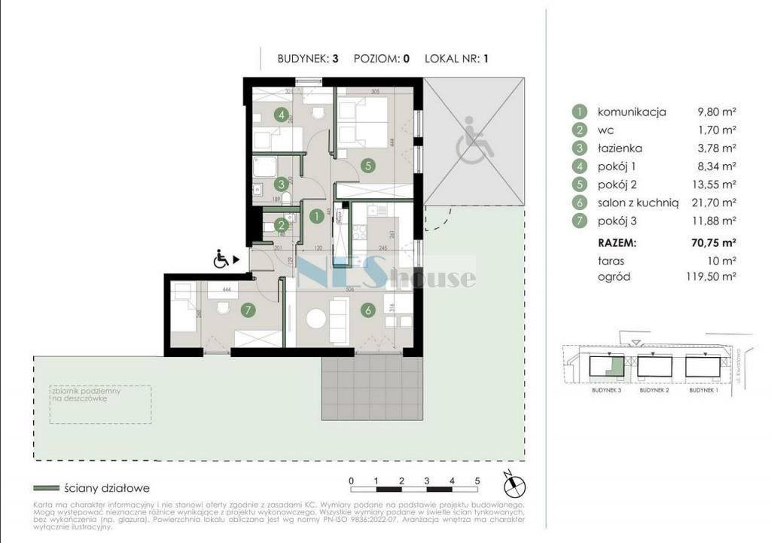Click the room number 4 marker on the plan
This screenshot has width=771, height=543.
[282, 115]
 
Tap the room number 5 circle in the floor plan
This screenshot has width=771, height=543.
[367, 166]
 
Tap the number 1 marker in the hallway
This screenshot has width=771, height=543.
[317, 216]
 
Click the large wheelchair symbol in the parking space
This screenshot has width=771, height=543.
[472, 141]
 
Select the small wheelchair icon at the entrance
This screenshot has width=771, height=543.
[222, 260]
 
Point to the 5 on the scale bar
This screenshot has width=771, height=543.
[477, 480]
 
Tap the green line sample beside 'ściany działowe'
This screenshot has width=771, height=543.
[46, 488]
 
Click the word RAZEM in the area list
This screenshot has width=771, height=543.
[617, 243]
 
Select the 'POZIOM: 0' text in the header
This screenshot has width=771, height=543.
[381, 58]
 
